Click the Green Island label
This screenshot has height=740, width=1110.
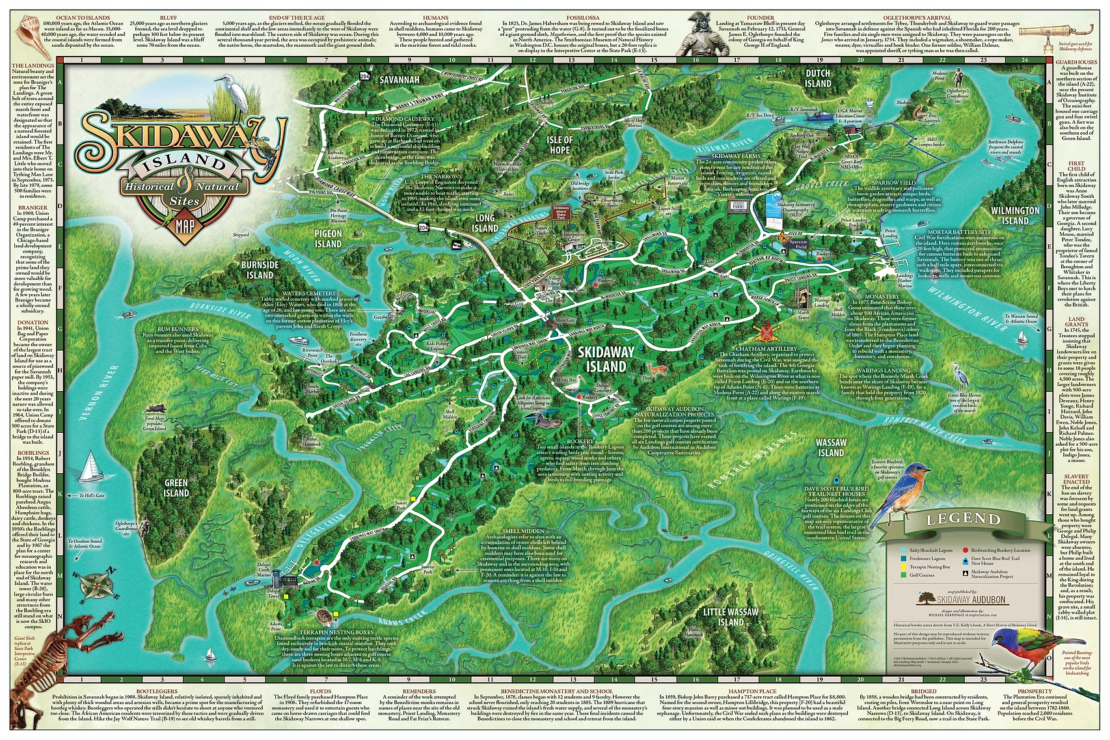(176, 487)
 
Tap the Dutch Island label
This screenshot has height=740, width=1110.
(818, 78)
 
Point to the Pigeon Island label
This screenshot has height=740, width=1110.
(328, 238)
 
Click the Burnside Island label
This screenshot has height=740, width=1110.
(260, 269)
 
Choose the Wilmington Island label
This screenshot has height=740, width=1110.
(1015, 215)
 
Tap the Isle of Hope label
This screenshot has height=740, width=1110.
(560, 144)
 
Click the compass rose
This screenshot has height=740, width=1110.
(98, 583)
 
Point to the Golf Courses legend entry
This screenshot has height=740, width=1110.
(921, 575)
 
